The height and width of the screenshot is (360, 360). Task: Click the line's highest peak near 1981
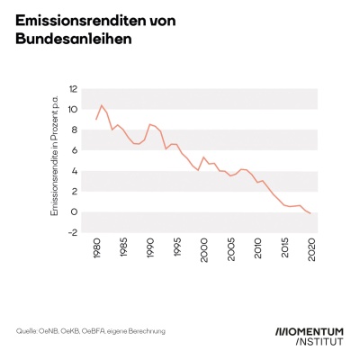102,105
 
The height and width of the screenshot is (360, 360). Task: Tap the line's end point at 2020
311,213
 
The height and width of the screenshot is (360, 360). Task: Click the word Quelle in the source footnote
26,332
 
